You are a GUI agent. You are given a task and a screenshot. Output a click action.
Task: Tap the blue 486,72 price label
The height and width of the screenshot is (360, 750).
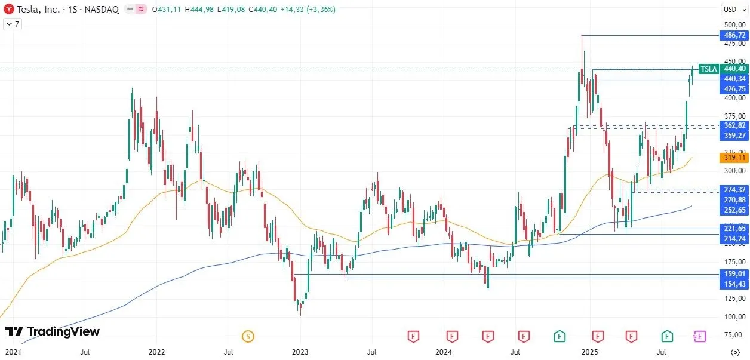pos(734,35)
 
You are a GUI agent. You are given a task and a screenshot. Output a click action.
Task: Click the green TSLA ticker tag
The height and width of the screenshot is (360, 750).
pos(708,69)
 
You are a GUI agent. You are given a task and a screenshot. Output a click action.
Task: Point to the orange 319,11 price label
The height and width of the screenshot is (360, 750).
pos(734,158)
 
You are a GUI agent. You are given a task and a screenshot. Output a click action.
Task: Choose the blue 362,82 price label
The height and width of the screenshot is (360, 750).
pos(734,125)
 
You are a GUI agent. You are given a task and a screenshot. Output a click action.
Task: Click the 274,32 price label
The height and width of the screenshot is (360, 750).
pos(734,189)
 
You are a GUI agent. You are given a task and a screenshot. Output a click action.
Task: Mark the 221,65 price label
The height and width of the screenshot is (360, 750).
pos(734,229)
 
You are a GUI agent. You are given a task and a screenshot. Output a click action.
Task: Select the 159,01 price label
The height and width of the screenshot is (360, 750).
pos(734,274)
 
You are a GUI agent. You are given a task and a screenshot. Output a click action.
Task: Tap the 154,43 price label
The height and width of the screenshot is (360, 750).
pos(734,284)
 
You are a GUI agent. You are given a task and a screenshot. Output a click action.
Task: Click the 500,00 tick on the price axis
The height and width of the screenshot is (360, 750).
pos(734,25)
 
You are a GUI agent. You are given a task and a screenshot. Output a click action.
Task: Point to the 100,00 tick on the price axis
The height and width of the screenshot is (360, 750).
pos(734,316)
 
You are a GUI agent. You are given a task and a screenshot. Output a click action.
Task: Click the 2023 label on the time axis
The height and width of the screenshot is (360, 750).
pos(300,353)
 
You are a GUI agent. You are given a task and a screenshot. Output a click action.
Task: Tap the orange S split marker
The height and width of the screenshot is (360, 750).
pos(248,336)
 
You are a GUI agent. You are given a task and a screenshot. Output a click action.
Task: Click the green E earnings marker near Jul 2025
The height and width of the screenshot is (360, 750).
pos(667,336)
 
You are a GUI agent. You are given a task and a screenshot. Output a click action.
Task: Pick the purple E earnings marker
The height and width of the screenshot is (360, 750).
pos(699,336)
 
